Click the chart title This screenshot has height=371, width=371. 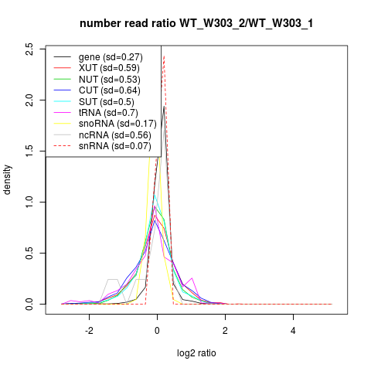[x=196, y=23]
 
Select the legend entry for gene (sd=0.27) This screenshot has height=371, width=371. [x=111, y=57]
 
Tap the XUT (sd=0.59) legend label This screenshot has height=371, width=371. [x=109, y=68]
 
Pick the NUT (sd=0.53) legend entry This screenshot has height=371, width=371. [x=110, y=80]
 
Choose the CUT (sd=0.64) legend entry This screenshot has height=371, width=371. [x=110, y=90]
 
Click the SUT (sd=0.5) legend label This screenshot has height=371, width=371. [x=107, y=102]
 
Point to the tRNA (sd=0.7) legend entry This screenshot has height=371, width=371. [x=108, y=113]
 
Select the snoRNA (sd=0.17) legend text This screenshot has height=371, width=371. [x=117, y=124]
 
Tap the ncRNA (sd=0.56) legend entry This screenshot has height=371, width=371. [x=115, y=135]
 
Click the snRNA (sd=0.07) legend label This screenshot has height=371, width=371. [x=115, y=146]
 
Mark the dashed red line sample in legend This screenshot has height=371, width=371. [x=63, y=146]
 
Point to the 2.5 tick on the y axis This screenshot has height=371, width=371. [x=29, y=49]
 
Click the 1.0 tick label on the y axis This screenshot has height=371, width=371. [x=29, y=202]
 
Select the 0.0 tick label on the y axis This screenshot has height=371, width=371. [x=29, y=304]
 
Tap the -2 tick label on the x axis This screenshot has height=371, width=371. [x=89, y=330]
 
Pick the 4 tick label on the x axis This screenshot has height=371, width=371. [x=293, y=330]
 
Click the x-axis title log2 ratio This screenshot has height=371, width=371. [x=196, y=353]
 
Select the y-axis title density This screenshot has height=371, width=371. [x=7, y=179]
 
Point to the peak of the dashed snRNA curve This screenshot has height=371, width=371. [x=164, y=56]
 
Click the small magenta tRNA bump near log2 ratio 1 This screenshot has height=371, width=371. [x=192, y=278]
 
